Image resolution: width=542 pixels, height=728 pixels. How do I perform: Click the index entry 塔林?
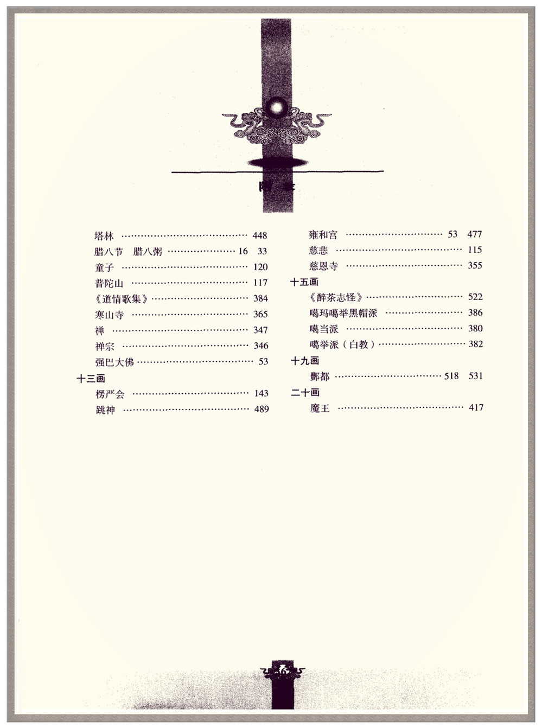click(x=104, y=236)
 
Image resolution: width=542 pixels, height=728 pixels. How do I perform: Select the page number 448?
click(x=259, y=235)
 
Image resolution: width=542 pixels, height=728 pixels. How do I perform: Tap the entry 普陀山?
click(x=109, y=283)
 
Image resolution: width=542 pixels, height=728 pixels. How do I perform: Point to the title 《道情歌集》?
click(x=121, y=299)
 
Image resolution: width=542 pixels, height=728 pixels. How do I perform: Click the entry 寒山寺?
click(x=109, y=315)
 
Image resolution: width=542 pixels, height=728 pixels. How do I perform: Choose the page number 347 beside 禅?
click(x=260, y=330)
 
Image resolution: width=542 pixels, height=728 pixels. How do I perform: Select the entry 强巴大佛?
click(x=114, y=362)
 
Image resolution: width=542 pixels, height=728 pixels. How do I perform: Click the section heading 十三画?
click(x=91, y=379)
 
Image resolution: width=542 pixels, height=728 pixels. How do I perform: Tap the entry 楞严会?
click(x=110, y=394)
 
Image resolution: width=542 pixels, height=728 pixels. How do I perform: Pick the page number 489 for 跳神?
click(x=262, y=409)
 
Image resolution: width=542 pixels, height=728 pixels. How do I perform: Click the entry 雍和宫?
click(x=323, y=235)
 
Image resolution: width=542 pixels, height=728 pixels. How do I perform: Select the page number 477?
click(x=474, y=234)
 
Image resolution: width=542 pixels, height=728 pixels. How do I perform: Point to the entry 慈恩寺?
click(x=323, y=266)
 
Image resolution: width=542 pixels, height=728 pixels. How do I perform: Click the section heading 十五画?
click(x=304, y=282)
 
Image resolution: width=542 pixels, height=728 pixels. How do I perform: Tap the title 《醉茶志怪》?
click(x=336, y=297)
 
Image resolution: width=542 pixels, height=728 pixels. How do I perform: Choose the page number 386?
click(x=475, y=312)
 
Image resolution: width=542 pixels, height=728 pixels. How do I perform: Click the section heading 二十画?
click(x=305, y=392)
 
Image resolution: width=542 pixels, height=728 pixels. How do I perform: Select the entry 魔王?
click(x=320, y=408)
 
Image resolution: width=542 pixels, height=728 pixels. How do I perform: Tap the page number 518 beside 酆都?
click(x=451, y=376)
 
